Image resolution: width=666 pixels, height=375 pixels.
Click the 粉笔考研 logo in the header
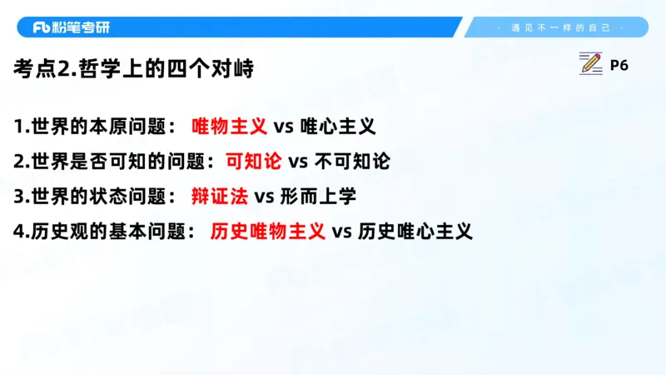(x=72, y=27)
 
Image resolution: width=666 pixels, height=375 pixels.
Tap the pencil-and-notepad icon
(x=590, y=64)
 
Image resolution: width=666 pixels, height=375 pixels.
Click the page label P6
(x=619, y=65)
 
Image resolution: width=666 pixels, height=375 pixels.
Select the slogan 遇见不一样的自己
(x=560, y=27)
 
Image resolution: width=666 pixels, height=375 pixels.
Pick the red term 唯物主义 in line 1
(x=229, y=127)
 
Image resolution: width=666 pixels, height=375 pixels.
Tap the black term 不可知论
(x=351, y=161)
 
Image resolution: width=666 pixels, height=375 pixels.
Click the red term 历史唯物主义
(x=267, y=231)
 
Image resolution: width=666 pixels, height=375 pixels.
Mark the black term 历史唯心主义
(x=415, y=231)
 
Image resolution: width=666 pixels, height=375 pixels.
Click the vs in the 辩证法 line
(x=264, y=197)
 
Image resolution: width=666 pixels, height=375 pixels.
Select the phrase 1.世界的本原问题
(x=94, y=127)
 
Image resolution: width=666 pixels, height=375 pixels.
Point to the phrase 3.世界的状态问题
(x=94, y=196)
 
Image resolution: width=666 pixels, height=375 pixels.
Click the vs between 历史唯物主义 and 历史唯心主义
(x=342, y=232)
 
